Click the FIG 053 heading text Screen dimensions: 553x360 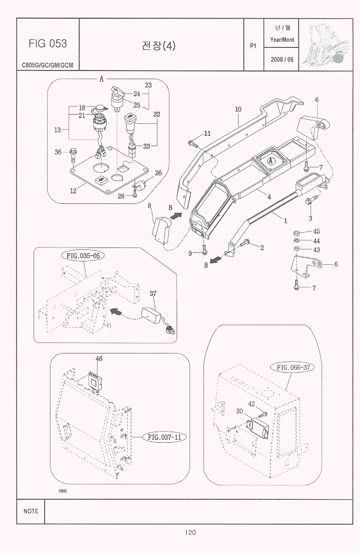(48, 44)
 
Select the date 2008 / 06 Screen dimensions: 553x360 (282, 59)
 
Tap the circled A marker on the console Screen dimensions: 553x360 (271, 161)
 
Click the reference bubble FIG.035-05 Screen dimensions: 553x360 (83, 255)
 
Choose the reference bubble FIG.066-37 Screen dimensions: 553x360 (295, 367)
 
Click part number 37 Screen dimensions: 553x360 (153, 294)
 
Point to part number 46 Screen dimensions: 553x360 (99, 358)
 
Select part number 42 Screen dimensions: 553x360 (251, 404)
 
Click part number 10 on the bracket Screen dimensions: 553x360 (238, 109)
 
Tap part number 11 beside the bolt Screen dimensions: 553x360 (207, 133)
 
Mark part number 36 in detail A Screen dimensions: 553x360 (58, 153)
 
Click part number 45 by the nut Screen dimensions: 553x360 (316, 232)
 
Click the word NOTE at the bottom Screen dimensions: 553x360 (31, 511)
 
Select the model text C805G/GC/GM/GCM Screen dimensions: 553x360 (48, 65)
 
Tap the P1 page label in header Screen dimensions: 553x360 (253, 46)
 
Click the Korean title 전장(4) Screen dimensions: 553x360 (159, 46)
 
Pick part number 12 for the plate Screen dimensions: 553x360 (73, 191)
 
